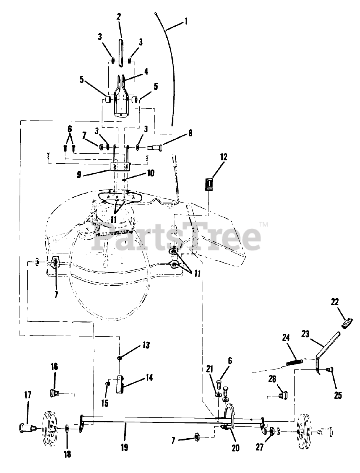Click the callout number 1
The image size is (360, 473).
point(186,21)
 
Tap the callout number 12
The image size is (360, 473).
point(224,157)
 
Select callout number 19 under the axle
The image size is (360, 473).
point(124,447)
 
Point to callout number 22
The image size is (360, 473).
point(334,302)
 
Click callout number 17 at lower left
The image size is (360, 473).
point(28,395)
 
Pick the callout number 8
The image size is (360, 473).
point(190,133)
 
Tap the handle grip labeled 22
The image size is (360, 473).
point(347,323)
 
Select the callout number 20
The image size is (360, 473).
point(235,448)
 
